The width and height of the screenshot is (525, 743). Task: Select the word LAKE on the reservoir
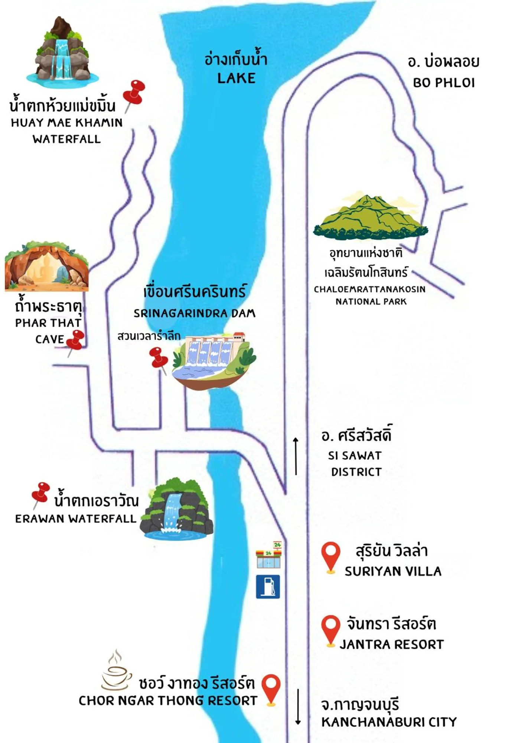coord(236,78)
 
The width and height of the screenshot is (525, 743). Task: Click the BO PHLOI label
coord(444,83)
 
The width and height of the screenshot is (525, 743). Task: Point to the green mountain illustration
coord(371,217)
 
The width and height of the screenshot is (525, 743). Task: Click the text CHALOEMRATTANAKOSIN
coord(369,289)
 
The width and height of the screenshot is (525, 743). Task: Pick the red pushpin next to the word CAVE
coord(76,340)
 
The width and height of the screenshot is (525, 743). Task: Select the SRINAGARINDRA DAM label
coord(194,313)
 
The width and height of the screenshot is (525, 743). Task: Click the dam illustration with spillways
coord(214,360)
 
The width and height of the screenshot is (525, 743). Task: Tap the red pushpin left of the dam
coord(159,358)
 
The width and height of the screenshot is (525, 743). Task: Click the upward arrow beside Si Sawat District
coord(296,456)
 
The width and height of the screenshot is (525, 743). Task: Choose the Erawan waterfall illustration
coord(176,509)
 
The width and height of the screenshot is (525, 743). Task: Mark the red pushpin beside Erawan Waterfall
coord(40,492)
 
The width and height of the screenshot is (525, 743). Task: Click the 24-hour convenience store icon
coord(269,555)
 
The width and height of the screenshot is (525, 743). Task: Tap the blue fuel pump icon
coord(268,587)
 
